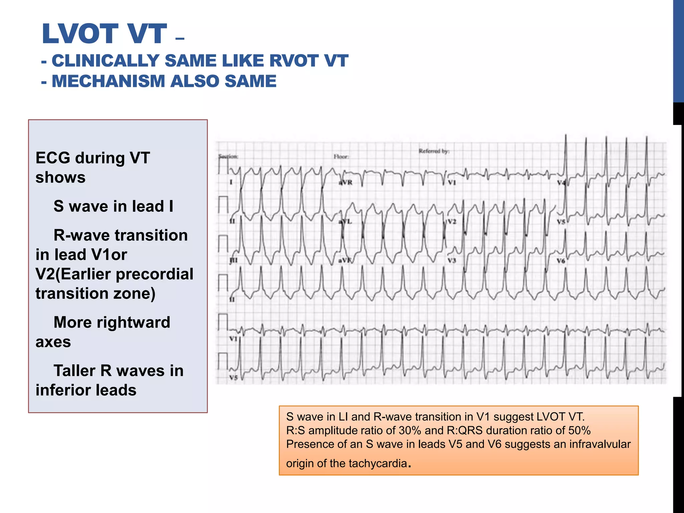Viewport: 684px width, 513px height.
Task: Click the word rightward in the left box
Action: pyautogui.click(x=133, y=323)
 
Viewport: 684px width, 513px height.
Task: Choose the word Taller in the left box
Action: pyautogui.click(x=74, y=371)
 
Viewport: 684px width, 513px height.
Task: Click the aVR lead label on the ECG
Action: pyautogui.click(x=346, y=183)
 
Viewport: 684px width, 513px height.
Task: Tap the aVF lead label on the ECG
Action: pyautogui.click(x=345, y=260)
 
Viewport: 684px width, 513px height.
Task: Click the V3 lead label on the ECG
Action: pyautogui.click(x=452, y=260)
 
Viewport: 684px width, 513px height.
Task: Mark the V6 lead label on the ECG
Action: pyautogui.click(x=561, y=261)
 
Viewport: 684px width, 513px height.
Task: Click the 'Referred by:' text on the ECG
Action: pyautogui.click(x=434, y=151)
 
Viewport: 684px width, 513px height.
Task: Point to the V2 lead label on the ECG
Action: pyautogui.click(x=452, y=221)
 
